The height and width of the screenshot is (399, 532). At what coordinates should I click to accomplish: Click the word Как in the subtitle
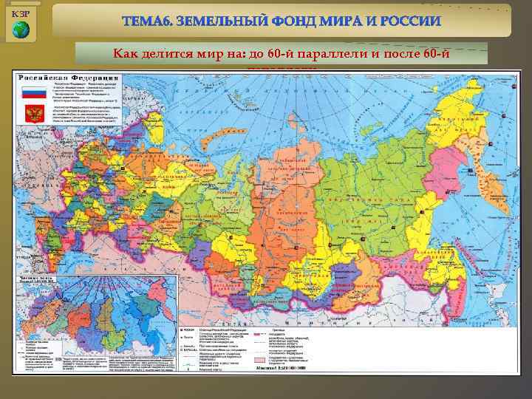click(x=126, y=52)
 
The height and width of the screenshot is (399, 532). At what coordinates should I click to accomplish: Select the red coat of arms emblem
click(x=33, y=115)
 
